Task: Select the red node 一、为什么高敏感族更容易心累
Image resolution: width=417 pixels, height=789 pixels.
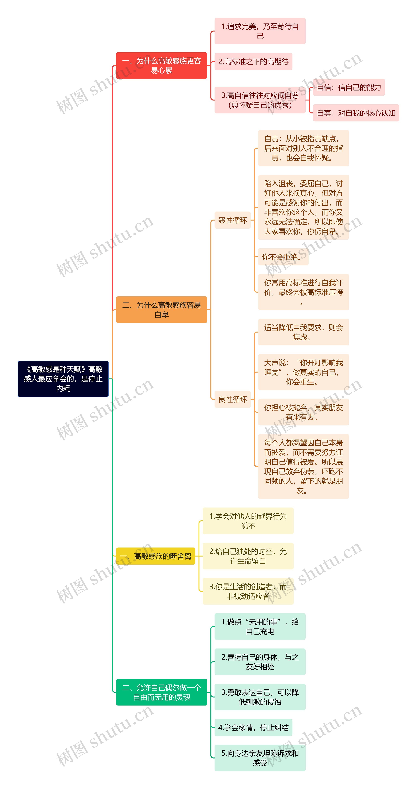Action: (162, 66)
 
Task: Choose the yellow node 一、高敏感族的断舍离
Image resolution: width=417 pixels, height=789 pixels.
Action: (155, 556)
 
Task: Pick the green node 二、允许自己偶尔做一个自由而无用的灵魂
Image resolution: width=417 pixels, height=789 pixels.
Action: (162, 692)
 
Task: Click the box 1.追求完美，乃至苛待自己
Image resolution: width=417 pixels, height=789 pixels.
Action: (260, 31)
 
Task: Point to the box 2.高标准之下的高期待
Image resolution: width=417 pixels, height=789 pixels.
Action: (253, 61)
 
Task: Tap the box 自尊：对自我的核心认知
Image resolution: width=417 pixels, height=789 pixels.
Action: (356, 113)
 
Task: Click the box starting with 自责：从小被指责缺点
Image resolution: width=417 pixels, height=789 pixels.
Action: (303, 148)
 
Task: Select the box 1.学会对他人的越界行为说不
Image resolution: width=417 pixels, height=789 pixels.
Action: (248, 521)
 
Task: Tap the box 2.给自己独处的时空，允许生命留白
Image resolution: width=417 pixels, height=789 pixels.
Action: (248, 556)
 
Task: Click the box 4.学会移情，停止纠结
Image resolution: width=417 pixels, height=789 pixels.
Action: (253, 728)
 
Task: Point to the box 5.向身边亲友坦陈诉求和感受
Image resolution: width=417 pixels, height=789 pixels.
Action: (260, 758)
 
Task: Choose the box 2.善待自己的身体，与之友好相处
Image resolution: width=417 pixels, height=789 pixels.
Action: (260, 662)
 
